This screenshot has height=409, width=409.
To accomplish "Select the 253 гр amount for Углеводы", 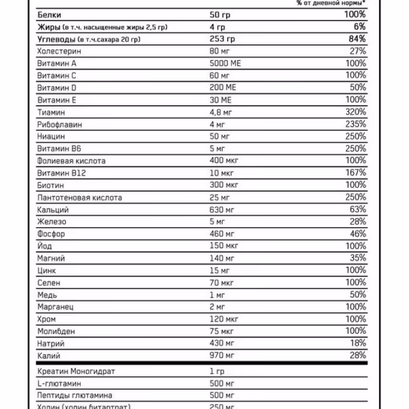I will pos(222,39).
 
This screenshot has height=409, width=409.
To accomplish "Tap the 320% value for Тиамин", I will pos(355,112).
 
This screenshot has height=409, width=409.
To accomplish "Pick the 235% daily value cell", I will pos(355,124).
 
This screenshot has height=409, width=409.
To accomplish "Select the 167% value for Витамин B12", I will pos(355,172).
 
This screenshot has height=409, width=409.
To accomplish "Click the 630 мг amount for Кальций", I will pos(223,209).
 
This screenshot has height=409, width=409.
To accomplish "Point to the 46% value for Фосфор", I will pos(357,234).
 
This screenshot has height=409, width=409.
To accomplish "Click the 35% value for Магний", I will pos(357,258).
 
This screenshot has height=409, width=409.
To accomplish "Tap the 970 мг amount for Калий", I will pos(223,355).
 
